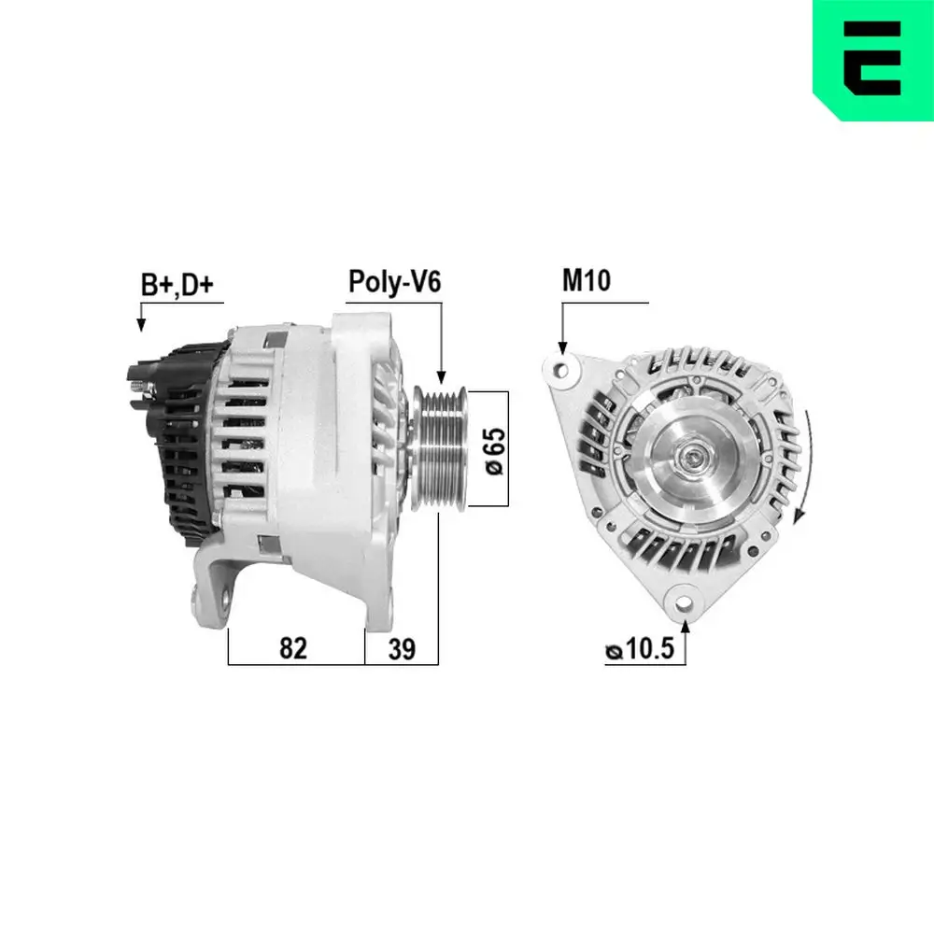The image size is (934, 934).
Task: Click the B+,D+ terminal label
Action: tap(177, 286)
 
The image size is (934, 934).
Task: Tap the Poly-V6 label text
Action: tap(393, 282)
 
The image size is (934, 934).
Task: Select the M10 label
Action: tap(586, 280)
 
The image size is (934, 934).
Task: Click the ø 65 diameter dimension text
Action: tap(496, 449)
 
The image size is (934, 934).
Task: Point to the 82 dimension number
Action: tap(293, 648)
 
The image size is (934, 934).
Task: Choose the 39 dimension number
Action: tap(402, 648)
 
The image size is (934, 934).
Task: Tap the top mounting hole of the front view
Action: tap(562, 369)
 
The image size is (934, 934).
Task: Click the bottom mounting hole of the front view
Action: tap(686, 599)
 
